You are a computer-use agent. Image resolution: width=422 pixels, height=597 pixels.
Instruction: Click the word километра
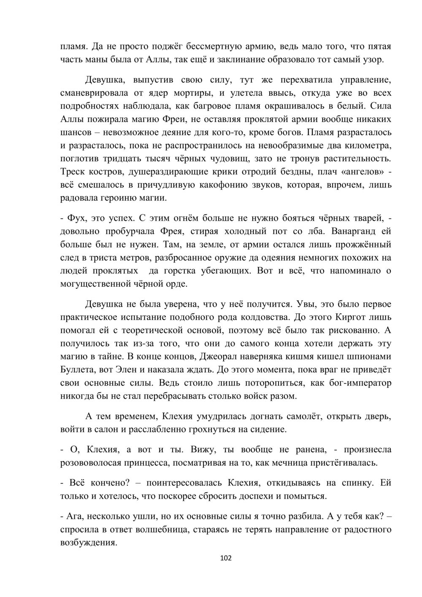pos(366,146)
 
